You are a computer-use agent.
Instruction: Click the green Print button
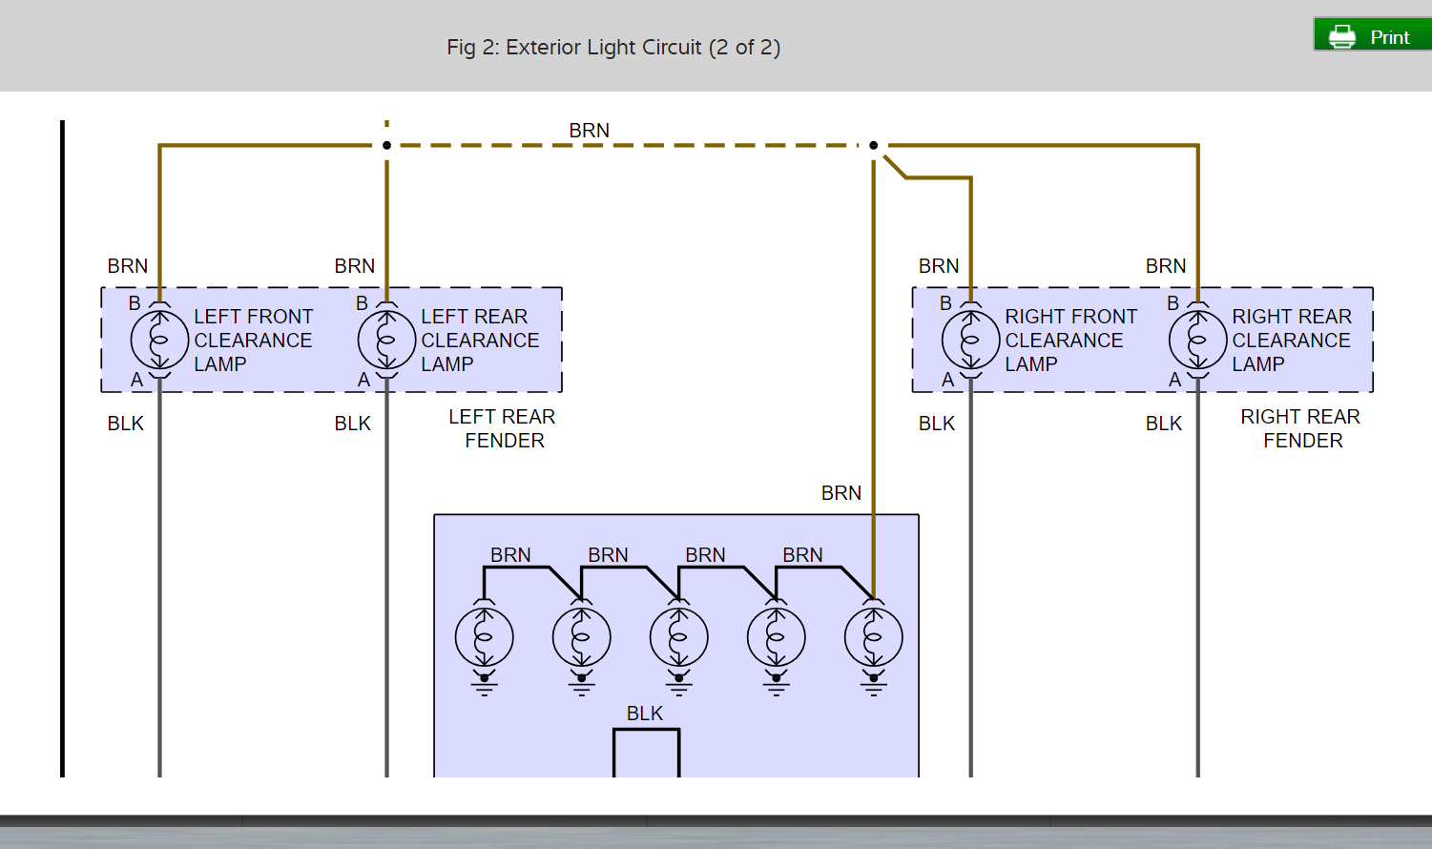1372,35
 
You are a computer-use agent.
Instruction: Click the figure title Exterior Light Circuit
613,48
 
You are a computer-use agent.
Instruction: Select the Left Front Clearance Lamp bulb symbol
159,340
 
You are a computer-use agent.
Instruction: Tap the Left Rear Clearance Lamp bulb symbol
386,340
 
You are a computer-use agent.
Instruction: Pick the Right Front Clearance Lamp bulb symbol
970,340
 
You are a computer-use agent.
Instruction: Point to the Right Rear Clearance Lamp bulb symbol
1197,340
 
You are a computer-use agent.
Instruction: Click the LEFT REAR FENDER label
503,428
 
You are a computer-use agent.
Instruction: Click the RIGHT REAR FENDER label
1301,428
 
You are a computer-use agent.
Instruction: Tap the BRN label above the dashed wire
589,131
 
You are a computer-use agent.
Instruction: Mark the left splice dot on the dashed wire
386,145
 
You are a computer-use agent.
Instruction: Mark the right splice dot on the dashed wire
873,145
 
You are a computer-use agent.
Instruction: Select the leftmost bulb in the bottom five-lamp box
484,637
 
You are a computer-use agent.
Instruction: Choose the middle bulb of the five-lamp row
678,637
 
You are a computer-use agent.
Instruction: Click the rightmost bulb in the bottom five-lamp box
873,637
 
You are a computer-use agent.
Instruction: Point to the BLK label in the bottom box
644,714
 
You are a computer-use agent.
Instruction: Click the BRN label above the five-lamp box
841,493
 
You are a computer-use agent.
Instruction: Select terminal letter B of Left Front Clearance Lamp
135,303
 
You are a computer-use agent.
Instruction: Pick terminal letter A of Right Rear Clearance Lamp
1174,380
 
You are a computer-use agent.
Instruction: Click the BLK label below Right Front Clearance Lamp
936,424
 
